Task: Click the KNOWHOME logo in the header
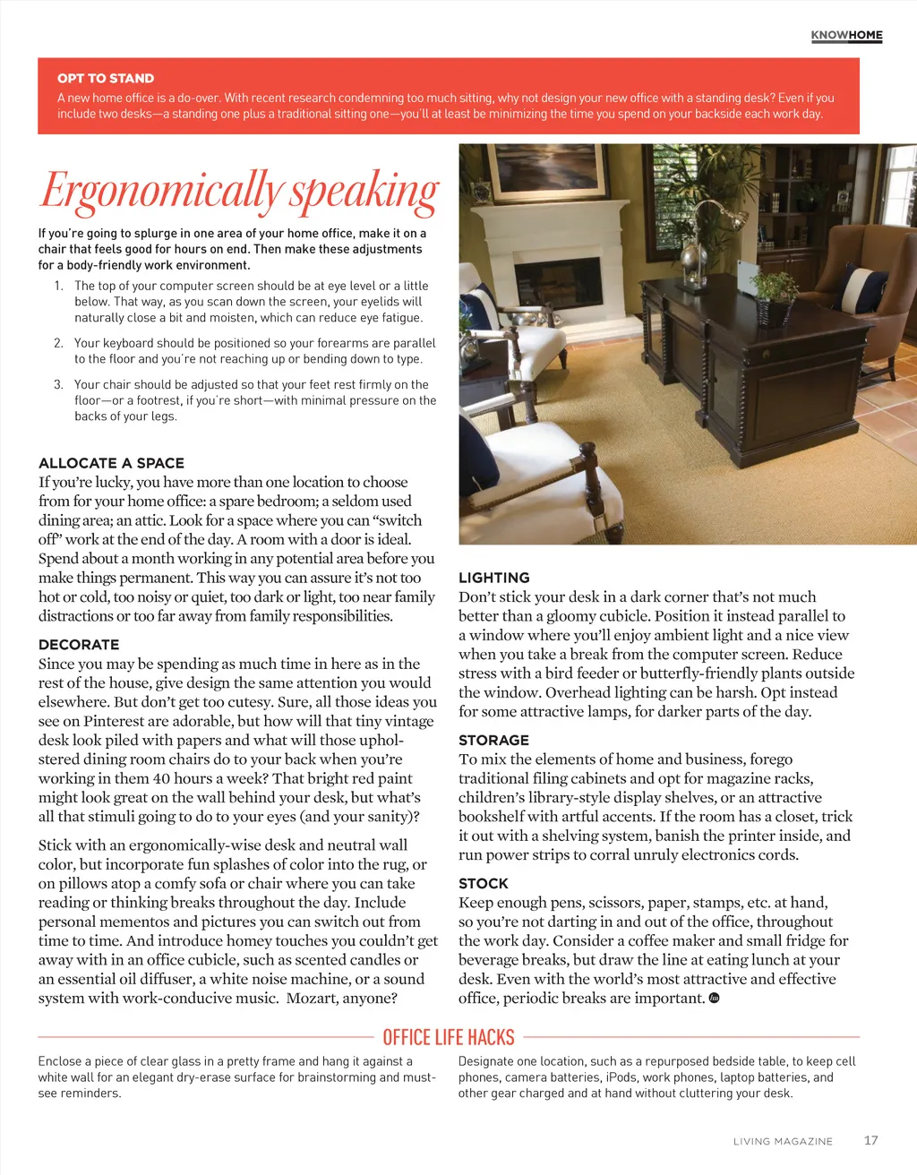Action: click(x=846, y=36)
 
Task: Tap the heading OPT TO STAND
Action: click(x=106, y=78)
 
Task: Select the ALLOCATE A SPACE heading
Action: click(x=111, y=463)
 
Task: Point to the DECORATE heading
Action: click(x=79, y=645)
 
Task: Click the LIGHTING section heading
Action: click(x=494, y=578)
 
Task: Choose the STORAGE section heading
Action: click(x=493, y=740)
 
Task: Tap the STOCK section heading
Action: click(x=484, y=883)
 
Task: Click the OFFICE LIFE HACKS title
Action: click(x=449, y=1037)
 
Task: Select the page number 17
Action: click(x=870, y=1140)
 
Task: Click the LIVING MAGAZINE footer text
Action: click(x=783, y=1141)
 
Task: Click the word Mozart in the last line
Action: click(x=316, y=998)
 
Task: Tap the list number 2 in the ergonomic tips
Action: click(x=58, y=343)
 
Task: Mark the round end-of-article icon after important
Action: click(x=714, y=998)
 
